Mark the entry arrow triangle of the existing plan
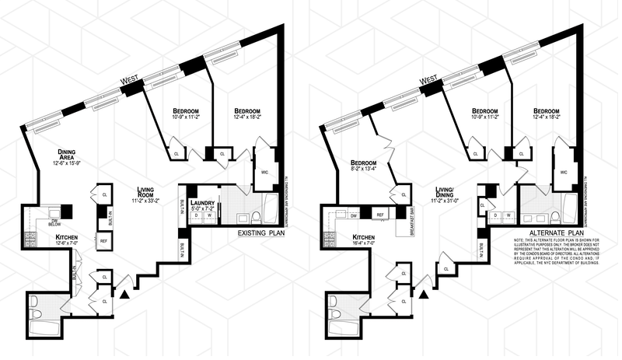coord(124,293)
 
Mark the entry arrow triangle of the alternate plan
coord(423,293)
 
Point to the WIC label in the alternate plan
coord(563,171)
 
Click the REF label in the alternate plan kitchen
coord(381,214)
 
